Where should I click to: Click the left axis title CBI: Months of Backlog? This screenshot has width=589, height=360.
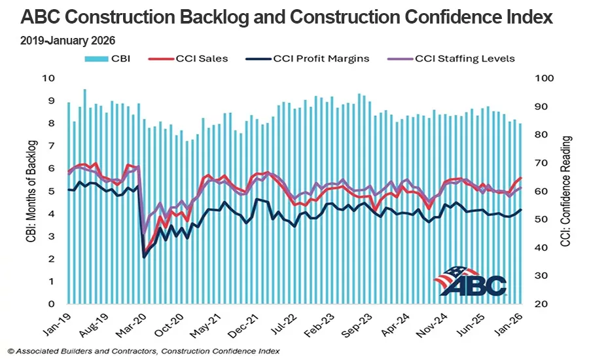(x=31, y=191)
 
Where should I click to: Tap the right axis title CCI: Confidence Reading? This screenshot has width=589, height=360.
(x=566, y=191)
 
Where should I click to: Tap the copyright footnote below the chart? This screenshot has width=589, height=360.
(x=144, y=351)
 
